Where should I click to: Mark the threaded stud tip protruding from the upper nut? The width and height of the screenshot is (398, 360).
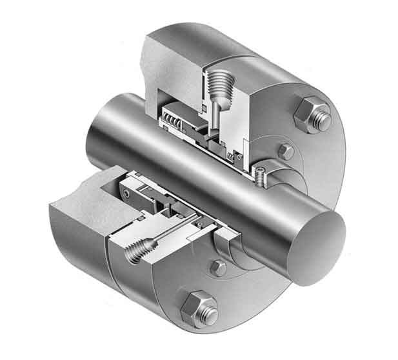323,121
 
